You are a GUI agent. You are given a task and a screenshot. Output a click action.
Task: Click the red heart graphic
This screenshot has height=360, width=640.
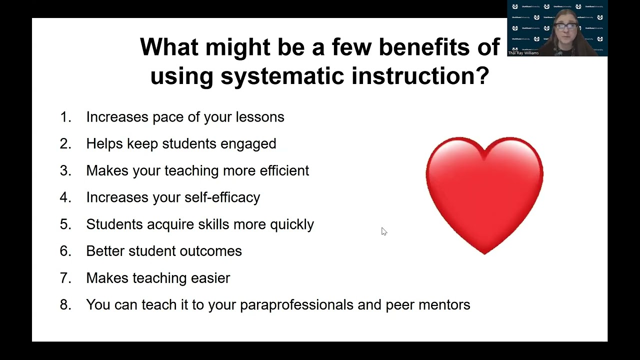pos(484,192)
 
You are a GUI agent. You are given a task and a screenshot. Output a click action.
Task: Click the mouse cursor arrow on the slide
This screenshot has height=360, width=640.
pos(383,231)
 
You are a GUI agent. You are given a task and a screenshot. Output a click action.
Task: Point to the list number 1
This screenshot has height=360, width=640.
pos(65,117)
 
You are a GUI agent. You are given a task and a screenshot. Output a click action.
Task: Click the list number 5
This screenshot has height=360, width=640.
pos(65,224)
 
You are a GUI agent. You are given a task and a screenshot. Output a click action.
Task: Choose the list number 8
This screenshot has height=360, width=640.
pos(65,304)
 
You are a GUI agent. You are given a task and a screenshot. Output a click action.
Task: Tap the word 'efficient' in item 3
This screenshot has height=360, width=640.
pos(284,170)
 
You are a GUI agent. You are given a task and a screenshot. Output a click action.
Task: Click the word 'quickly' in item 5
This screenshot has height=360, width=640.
pos(292,224)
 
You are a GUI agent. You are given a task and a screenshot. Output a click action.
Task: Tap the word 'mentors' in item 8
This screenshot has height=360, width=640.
pos(445,304)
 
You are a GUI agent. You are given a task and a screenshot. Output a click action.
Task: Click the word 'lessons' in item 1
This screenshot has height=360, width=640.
pos(260,117)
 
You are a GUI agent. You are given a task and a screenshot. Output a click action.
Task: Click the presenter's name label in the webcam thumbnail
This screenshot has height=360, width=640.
pos(523,52)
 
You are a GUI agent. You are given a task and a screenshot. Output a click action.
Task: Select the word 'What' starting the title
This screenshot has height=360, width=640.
pos(168,47)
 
